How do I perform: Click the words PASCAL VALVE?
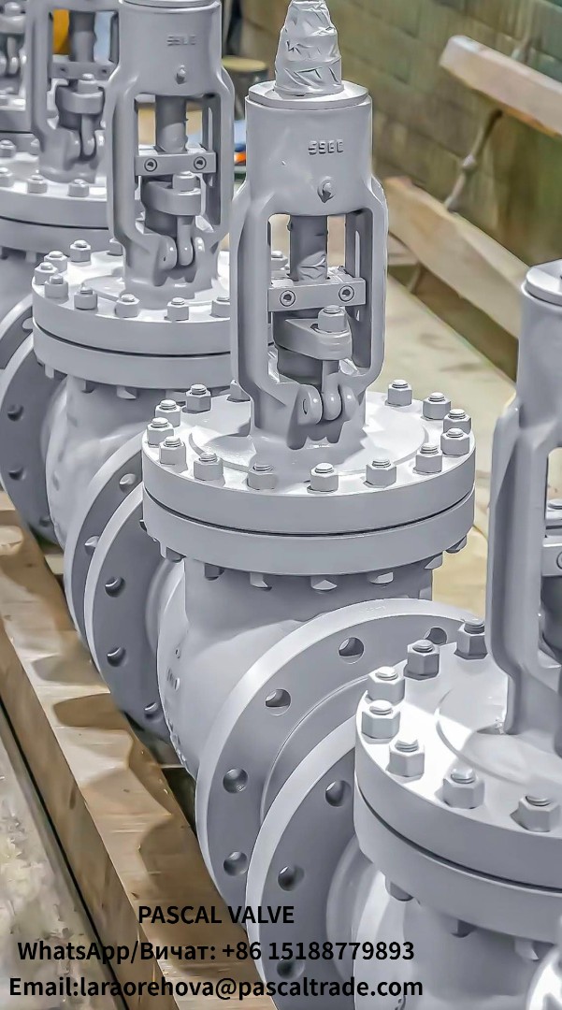pos(216,915)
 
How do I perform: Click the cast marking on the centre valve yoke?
pos(326,148)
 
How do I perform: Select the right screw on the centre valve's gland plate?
pos(346,293)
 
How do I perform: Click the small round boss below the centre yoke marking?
pos(325,189)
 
